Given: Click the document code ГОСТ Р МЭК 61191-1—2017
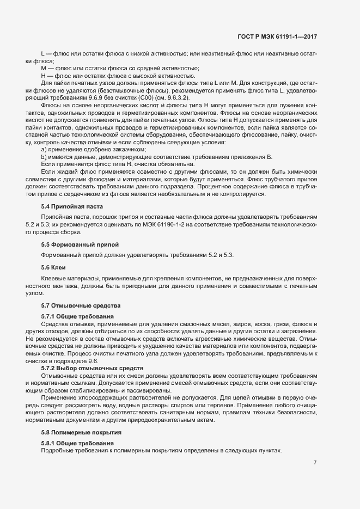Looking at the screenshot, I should click(x=277, y=36).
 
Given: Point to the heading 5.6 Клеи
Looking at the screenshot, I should click(x=53, y=267).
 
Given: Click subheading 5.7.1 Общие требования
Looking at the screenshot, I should click(x=77, y=316).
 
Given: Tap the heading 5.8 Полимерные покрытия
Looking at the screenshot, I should click(x=81, y=432).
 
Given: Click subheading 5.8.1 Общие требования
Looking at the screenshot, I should click(x=77, y=444).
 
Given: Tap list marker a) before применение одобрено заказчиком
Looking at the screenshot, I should click(x=44, y=149).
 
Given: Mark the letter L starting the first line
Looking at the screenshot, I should click(x=43, y=53).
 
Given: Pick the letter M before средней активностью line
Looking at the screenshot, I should click(x=44, y=68).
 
